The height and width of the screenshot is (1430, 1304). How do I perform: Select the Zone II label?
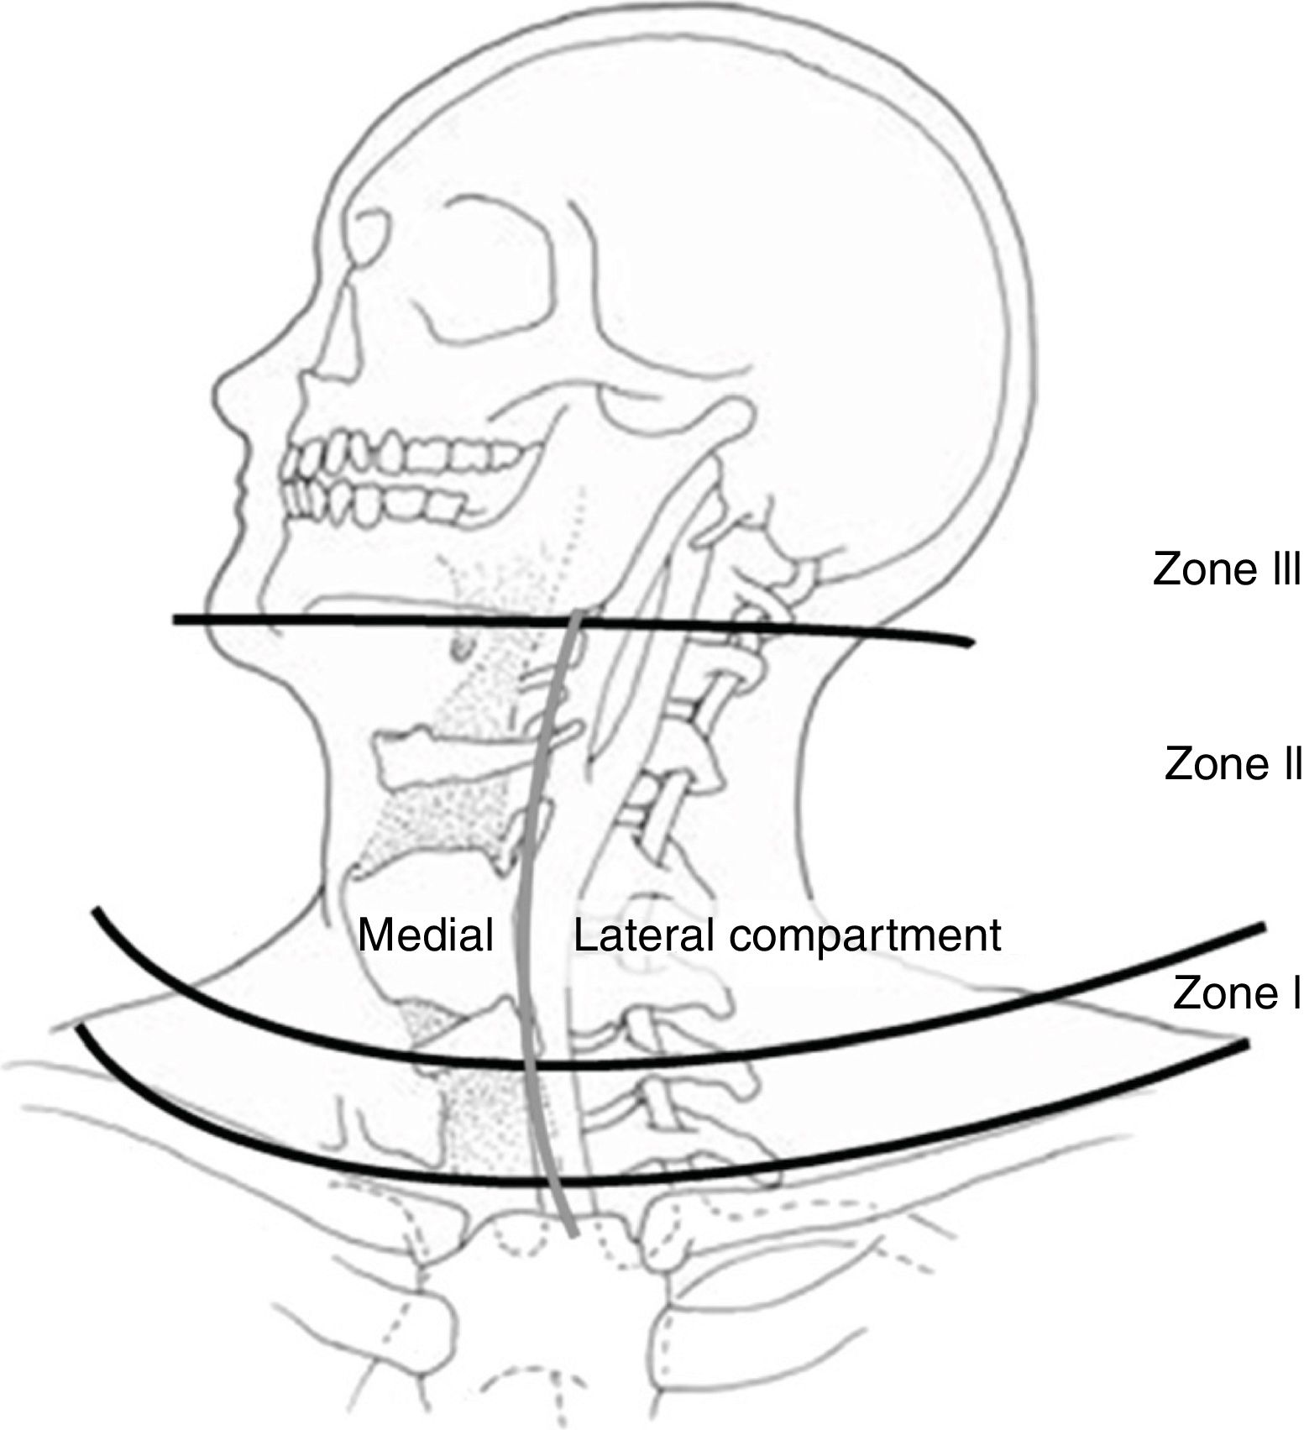pyautogui.click(x=1233, y=765)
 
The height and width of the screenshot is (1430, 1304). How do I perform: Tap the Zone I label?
pyautogui.click(x=1237, y=993)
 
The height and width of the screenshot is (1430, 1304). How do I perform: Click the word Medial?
pyautogui.click(x=426, y=935)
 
